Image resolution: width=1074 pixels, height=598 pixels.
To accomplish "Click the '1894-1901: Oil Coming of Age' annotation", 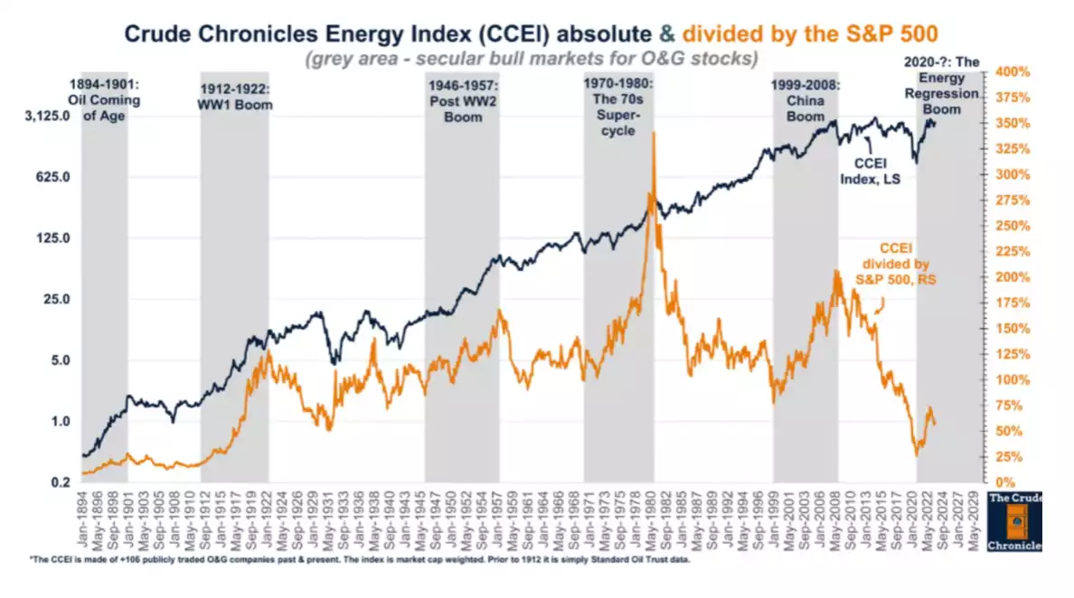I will coord(104,99).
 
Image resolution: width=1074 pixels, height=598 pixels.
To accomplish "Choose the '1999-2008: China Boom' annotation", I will coord(805,99).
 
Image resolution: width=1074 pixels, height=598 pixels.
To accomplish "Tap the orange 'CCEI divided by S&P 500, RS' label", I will coord(895,265).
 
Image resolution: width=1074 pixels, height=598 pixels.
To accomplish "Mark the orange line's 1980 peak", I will coord(653,133).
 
